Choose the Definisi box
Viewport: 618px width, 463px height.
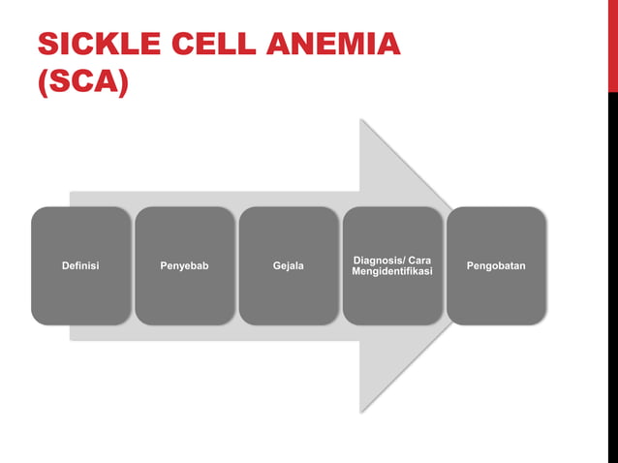[x=80, y=265]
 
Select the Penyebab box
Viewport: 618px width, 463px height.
[x=184, y=265]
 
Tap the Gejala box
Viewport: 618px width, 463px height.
[x=288, y=265]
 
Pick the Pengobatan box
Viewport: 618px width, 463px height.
[x=496, y=265]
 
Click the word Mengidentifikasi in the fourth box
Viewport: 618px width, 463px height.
[x=391, y=272]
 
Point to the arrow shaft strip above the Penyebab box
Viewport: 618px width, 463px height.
[x=184, y=198]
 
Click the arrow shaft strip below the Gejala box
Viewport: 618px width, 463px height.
[x=288, y=332]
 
